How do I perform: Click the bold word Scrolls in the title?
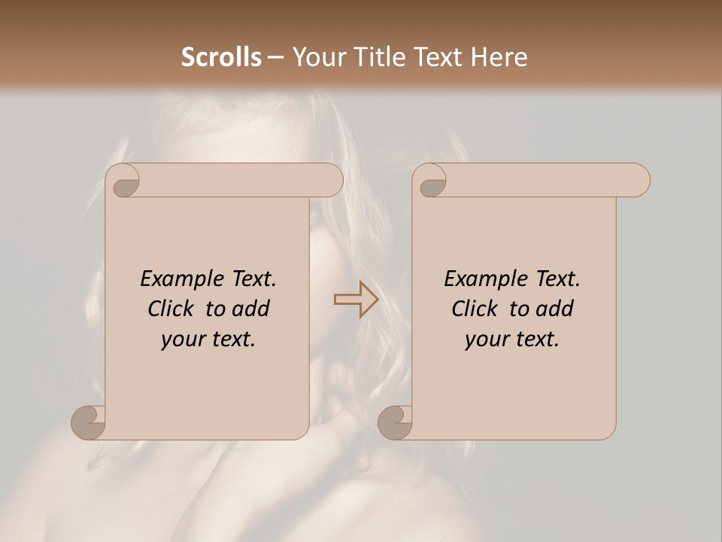[x=221, y=57]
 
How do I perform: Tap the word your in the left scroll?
[x=182, y=340]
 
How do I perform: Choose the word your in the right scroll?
[x=486, y=340]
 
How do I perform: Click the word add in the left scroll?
[x=251, y=309]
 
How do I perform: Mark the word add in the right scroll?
[x=555, y=309]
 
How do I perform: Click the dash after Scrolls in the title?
[x=276, y=57]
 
